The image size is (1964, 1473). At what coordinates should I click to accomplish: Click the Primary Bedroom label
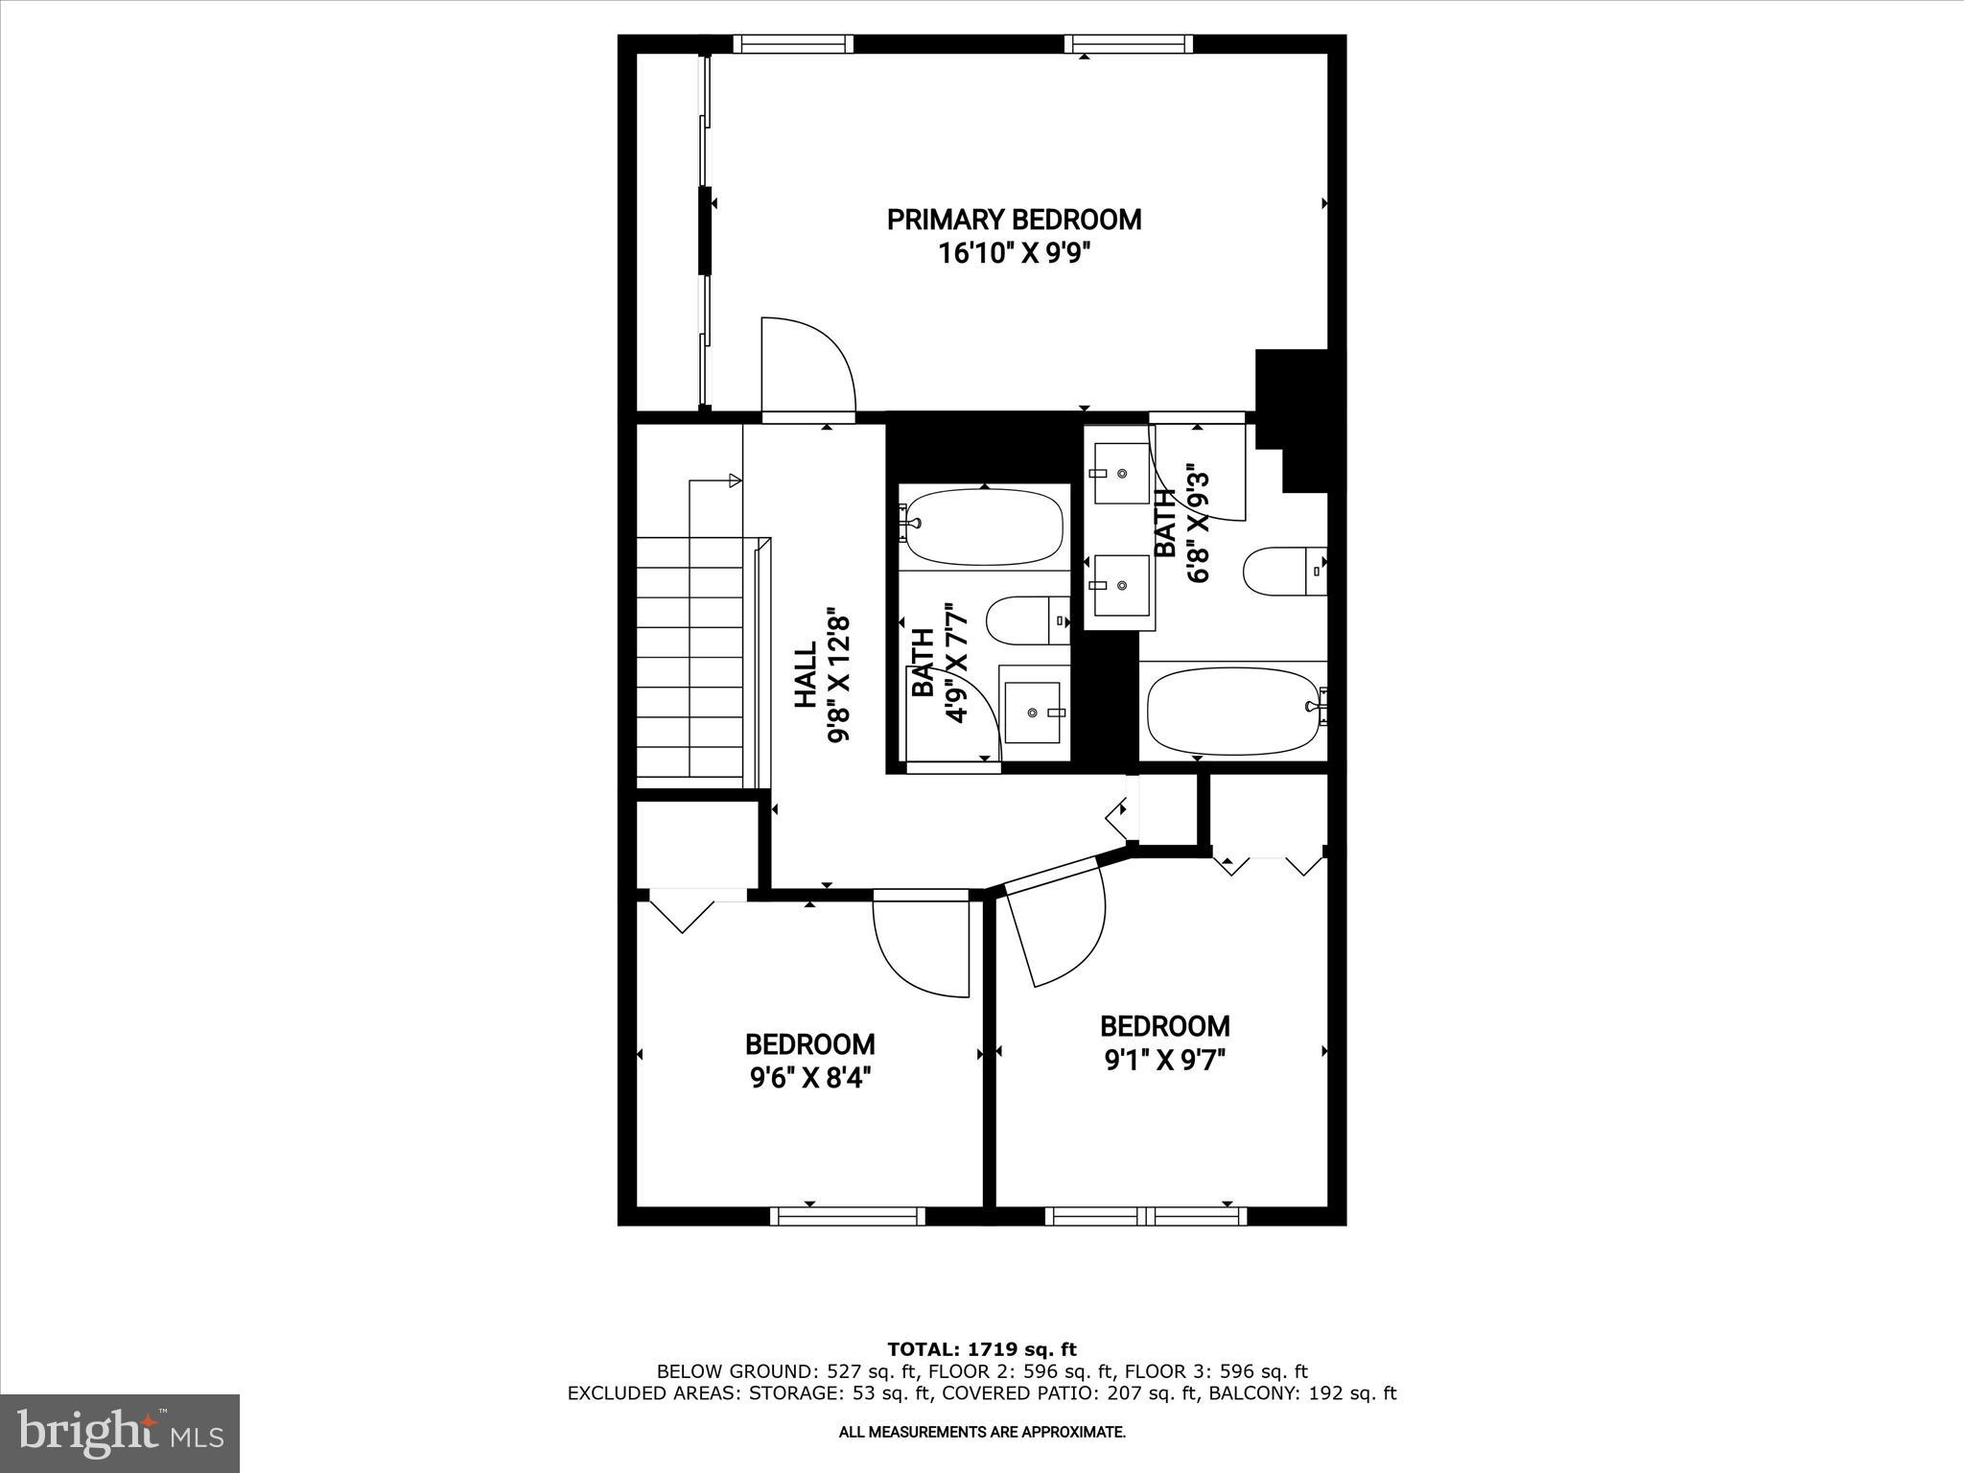(1014, 220)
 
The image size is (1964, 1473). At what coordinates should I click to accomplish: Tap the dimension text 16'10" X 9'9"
(1014, 254)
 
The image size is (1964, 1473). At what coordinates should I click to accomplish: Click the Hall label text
(806, 675)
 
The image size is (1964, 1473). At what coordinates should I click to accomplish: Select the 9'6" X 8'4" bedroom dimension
(809, 1079)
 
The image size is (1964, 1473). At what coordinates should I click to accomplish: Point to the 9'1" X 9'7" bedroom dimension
(1164, 1061)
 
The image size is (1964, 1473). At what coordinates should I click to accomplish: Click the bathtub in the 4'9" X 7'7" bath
(985, 527)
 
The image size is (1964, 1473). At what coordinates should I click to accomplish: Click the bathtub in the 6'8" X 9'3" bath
(1233, 711)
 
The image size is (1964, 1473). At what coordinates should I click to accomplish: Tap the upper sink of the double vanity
(1120, 474)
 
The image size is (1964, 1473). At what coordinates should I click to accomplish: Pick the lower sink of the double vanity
(1119, 586)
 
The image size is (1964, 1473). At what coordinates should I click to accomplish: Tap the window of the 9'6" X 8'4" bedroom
(847, 1216)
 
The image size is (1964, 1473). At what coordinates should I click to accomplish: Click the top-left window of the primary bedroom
(793, 44)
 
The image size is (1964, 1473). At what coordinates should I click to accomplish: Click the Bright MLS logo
(120, 1433)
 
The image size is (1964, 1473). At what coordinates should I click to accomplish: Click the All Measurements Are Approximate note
(982, 1433)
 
